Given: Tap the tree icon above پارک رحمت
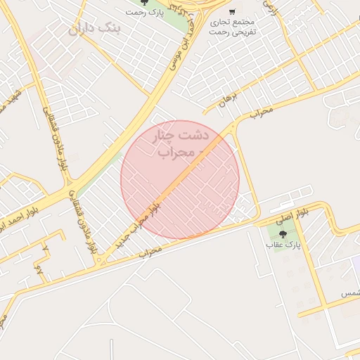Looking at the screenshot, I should point(144,3).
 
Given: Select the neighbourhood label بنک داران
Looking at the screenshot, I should point(95,29).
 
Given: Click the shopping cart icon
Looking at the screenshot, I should point(232,12).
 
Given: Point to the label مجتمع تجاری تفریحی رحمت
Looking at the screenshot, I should point(233,27).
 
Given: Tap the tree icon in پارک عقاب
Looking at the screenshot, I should point(283,233).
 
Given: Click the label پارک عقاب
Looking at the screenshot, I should point(283,245).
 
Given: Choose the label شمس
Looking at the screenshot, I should point(350,292).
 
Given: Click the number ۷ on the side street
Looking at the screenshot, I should point(46,249).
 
